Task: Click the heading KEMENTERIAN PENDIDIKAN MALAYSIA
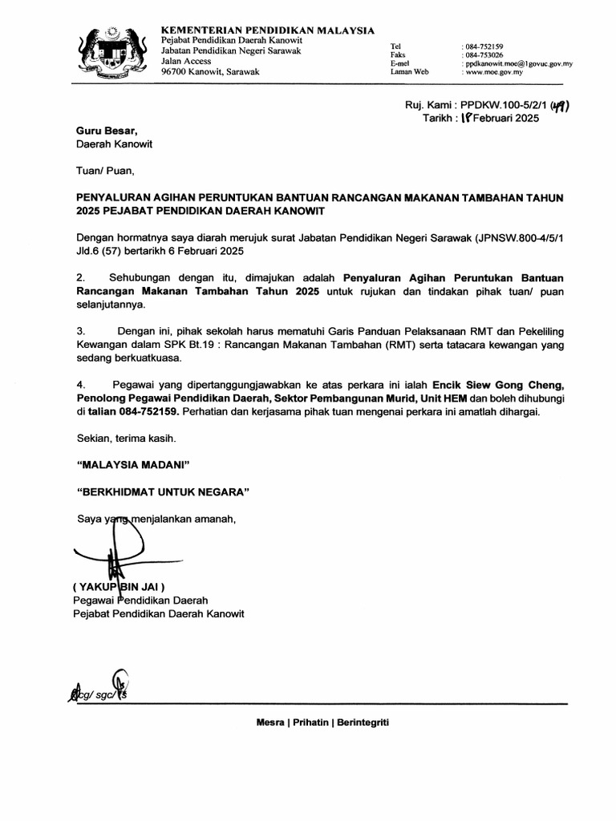268,30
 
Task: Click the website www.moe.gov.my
494,71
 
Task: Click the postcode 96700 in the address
177,71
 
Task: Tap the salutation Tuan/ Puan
100,170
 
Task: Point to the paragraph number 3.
79,330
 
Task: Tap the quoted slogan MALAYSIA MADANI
132,464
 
